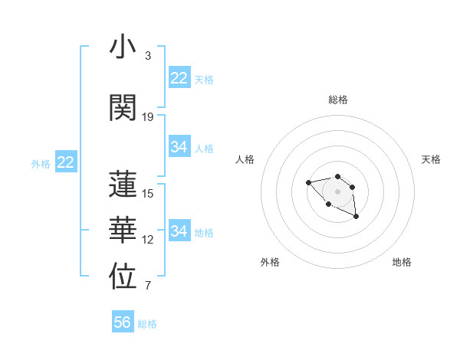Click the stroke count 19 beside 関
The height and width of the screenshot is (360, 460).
click(148, 116)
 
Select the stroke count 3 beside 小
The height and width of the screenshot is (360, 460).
click(148, 56)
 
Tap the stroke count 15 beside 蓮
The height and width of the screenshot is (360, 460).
click(148, 193)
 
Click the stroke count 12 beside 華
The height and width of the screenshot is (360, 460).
click(148, 240)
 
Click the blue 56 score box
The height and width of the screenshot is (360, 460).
click(123, 322)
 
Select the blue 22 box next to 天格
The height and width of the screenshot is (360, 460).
click(179, 78)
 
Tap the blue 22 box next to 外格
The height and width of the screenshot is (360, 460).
click(66, 162)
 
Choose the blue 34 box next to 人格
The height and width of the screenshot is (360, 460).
click(179, 147)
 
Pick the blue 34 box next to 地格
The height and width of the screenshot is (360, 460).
click(179, 231)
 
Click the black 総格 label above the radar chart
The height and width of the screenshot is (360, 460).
click(337, 100)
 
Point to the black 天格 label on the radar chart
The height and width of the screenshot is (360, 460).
click(431, 159)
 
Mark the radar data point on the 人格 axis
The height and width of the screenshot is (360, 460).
click(308, 182)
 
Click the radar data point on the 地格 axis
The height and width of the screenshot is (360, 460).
click(356, 217)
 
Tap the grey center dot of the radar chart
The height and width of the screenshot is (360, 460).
click(337, 191)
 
